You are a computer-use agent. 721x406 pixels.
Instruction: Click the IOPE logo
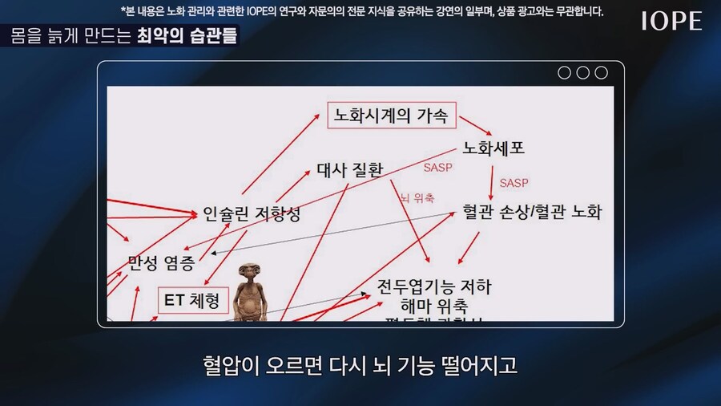[671, 22]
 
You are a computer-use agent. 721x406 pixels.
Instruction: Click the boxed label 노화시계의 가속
[392, 116]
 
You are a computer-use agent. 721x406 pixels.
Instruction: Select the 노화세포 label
[494, 148]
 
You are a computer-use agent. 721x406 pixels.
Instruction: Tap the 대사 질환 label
[350, 169]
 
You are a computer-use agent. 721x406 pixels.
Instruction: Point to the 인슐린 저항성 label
[252, 214]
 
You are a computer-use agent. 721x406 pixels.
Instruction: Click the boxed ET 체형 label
[193, 301]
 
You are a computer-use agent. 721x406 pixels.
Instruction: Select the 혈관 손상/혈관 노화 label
[532, 213]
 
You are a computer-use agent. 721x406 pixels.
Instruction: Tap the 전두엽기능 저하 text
[434, 287]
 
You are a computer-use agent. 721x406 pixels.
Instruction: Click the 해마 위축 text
[433, 307]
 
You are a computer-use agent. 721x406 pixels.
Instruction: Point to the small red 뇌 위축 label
[417, 197]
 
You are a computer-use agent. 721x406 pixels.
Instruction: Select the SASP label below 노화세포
[514, 183]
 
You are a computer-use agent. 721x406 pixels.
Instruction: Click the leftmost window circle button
[564, 73]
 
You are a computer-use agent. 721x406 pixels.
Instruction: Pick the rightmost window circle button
[601, 73]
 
